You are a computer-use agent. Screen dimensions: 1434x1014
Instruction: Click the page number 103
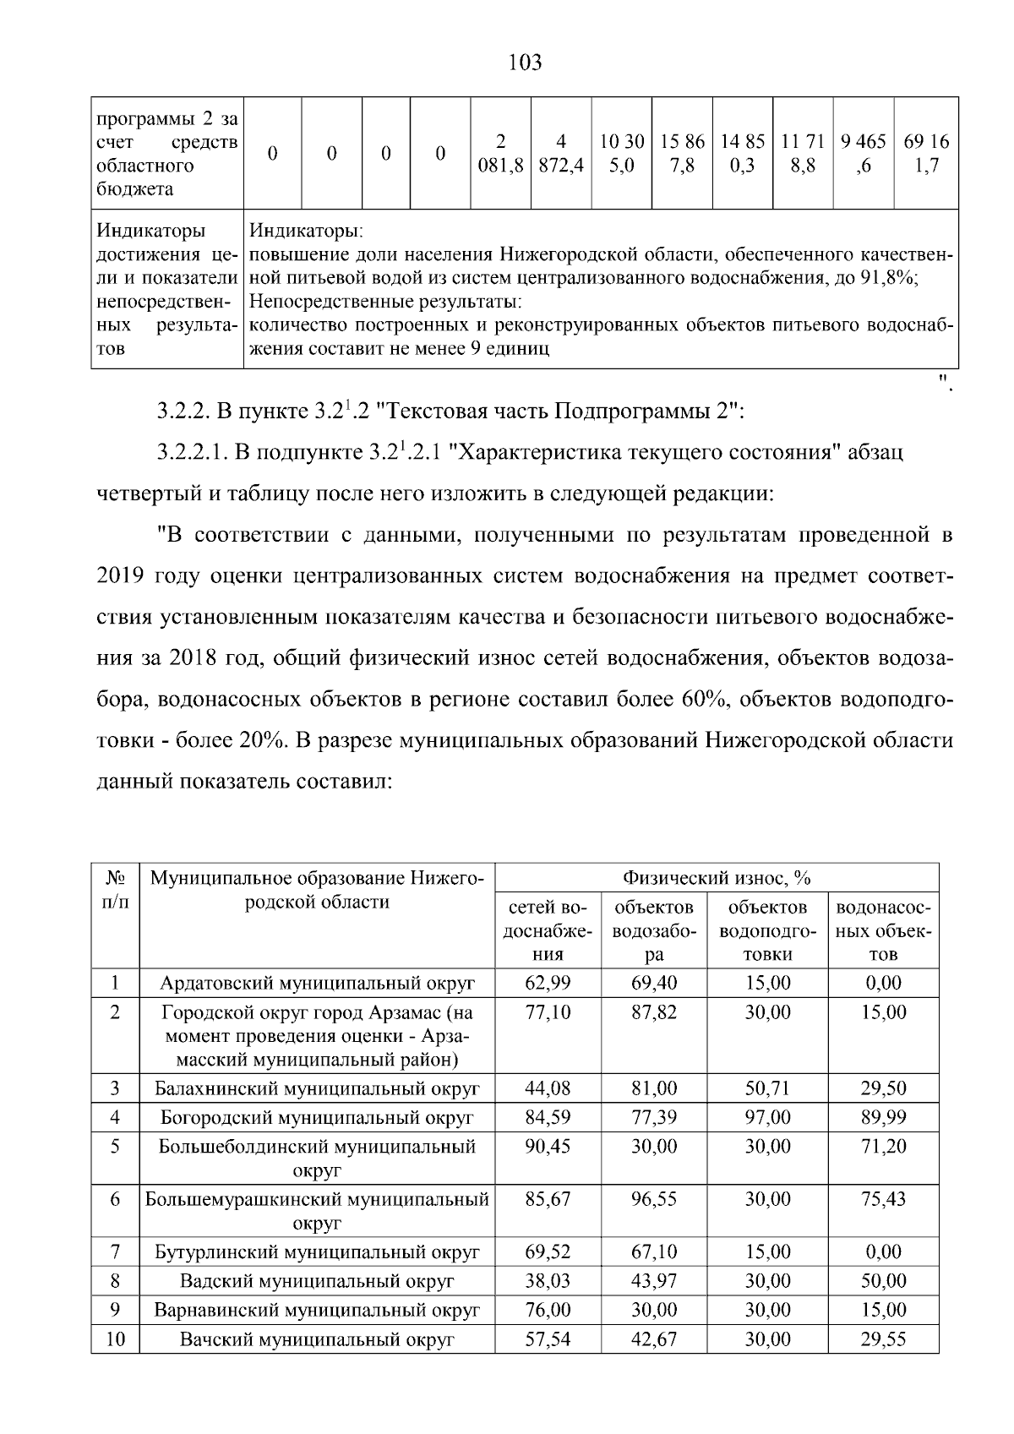[526, 63]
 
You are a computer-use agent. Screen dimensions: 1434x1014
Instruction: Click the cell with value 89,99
[883, 1117]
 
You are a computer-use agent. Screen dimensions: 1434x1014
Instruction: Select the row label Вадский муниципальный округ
[317, 1281]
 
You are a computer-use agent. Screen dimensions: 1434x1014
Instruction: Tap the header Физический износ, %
[716, 877]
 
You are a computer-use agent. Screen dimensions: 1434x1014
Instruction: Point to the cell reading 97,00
[767, 1117]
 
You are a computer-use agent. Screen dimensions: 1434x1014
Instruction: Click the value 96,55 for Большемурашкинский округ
[654, 1199]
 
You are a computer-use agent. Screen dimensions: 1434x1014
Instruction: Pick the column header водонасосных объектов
[883, 930]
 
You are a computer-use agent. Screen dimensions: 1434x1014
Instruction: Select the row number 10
[115, 1339]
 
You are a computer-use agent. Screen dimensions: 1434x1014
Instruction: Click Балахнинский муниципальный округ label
[317, 1088]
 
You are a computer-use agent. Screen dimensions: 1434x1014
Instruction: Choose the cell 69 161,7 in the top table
[926, 154]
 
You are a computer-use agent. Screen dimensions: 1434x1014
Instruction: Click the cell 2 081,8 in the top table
[500, 154]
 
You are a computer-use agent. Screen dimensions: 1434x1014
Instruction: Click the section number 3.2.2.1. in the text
[192, 453]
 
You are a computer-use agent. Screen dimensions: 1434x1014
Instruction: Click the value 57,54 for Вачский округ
[548, 1339]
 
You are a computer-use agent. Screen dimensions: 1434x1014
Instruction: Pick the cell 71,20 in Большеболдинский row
[883, 1147]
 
